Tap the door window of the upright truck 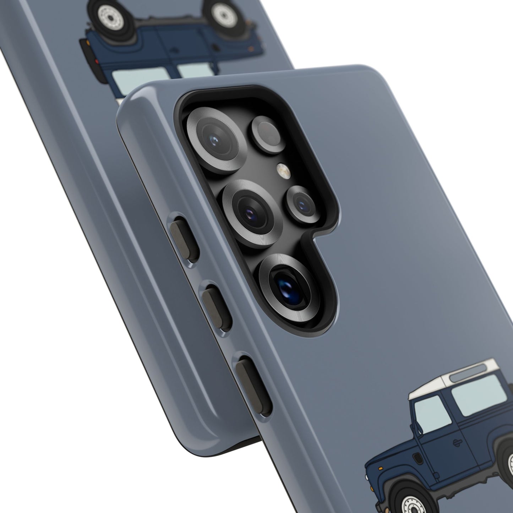pos(432,413)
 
